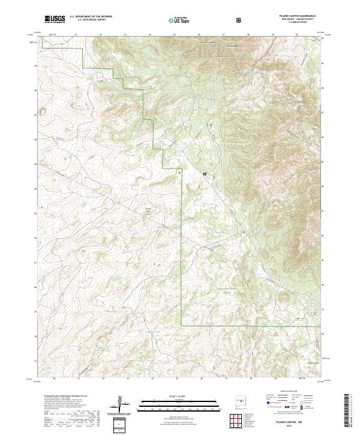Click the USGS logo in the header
coord(55,19)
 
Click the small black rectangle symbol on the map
coord(205,174)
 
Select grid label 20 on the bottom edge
coord(54,379)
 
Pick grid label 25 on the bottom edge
coord(177,379)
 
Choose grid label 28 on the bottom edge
coord(251,379)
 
